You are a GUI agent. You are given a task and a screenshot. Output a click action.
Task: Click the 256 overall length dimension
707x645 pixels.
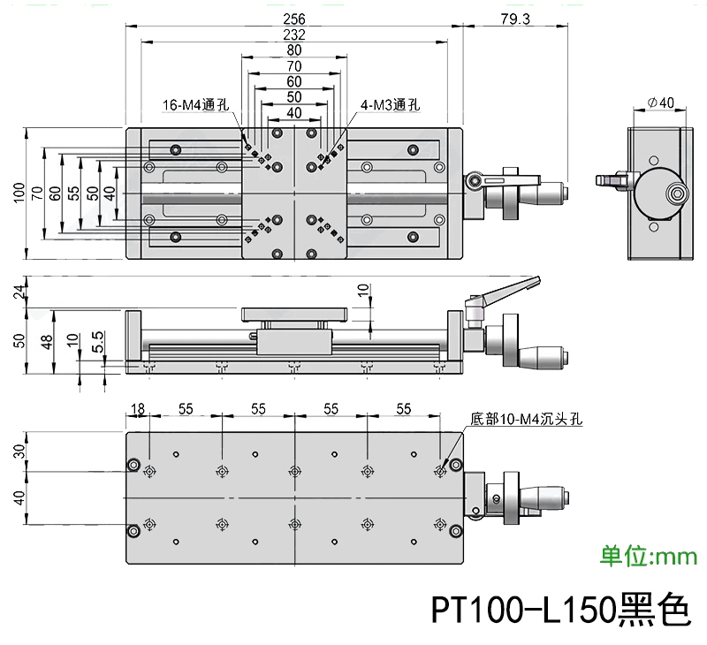294,18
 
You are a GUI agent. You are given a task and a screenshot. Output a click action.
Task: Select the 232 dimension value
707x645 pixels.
294,34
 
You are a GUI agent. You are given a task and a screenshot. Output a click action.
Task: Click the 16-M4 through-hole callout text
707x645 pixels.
195,105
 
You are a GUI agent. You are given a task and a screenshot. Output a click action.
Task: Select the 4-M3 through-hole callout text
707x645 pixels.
389,105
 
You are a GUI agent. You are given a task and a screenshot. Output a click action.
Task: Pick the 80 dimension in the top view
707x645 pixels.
294,50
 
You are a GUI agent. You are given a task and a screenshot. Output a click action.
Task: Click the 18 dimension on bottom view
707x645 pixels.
138,408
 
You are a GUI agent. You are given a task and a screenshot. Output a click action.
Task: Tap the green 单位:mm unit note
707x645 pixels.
649,556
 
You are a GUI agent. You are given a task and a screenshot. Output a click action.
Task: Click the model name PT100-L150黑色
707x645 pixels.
558,610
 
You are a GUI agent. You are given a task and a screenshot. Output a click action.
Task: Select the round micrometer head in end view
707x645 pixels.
665,192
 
